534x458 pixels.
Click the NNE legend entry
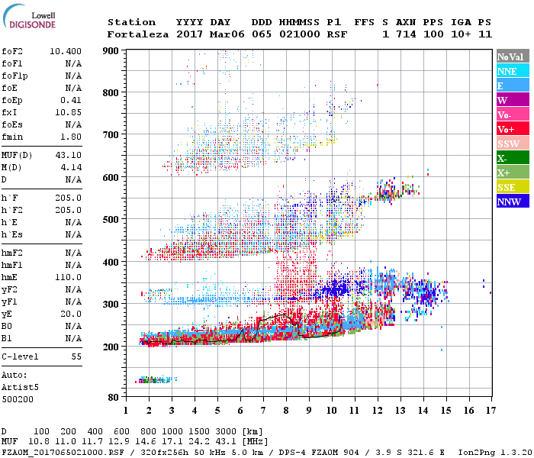point(511,71)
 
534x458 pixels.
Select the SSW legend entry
point(511,144)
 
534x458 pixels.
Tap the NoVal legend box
point(511,56)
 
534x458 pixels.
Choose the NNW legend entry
point(511,202)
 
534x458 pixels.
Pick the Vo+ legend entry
point(511,130)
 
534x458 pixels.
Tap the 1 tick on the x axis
point(126,411)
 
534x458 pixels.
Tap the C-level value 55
point(76,356)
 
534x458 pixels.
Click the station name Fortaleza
point(138,34)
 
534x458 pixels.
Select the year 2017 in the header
point(190,34)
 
